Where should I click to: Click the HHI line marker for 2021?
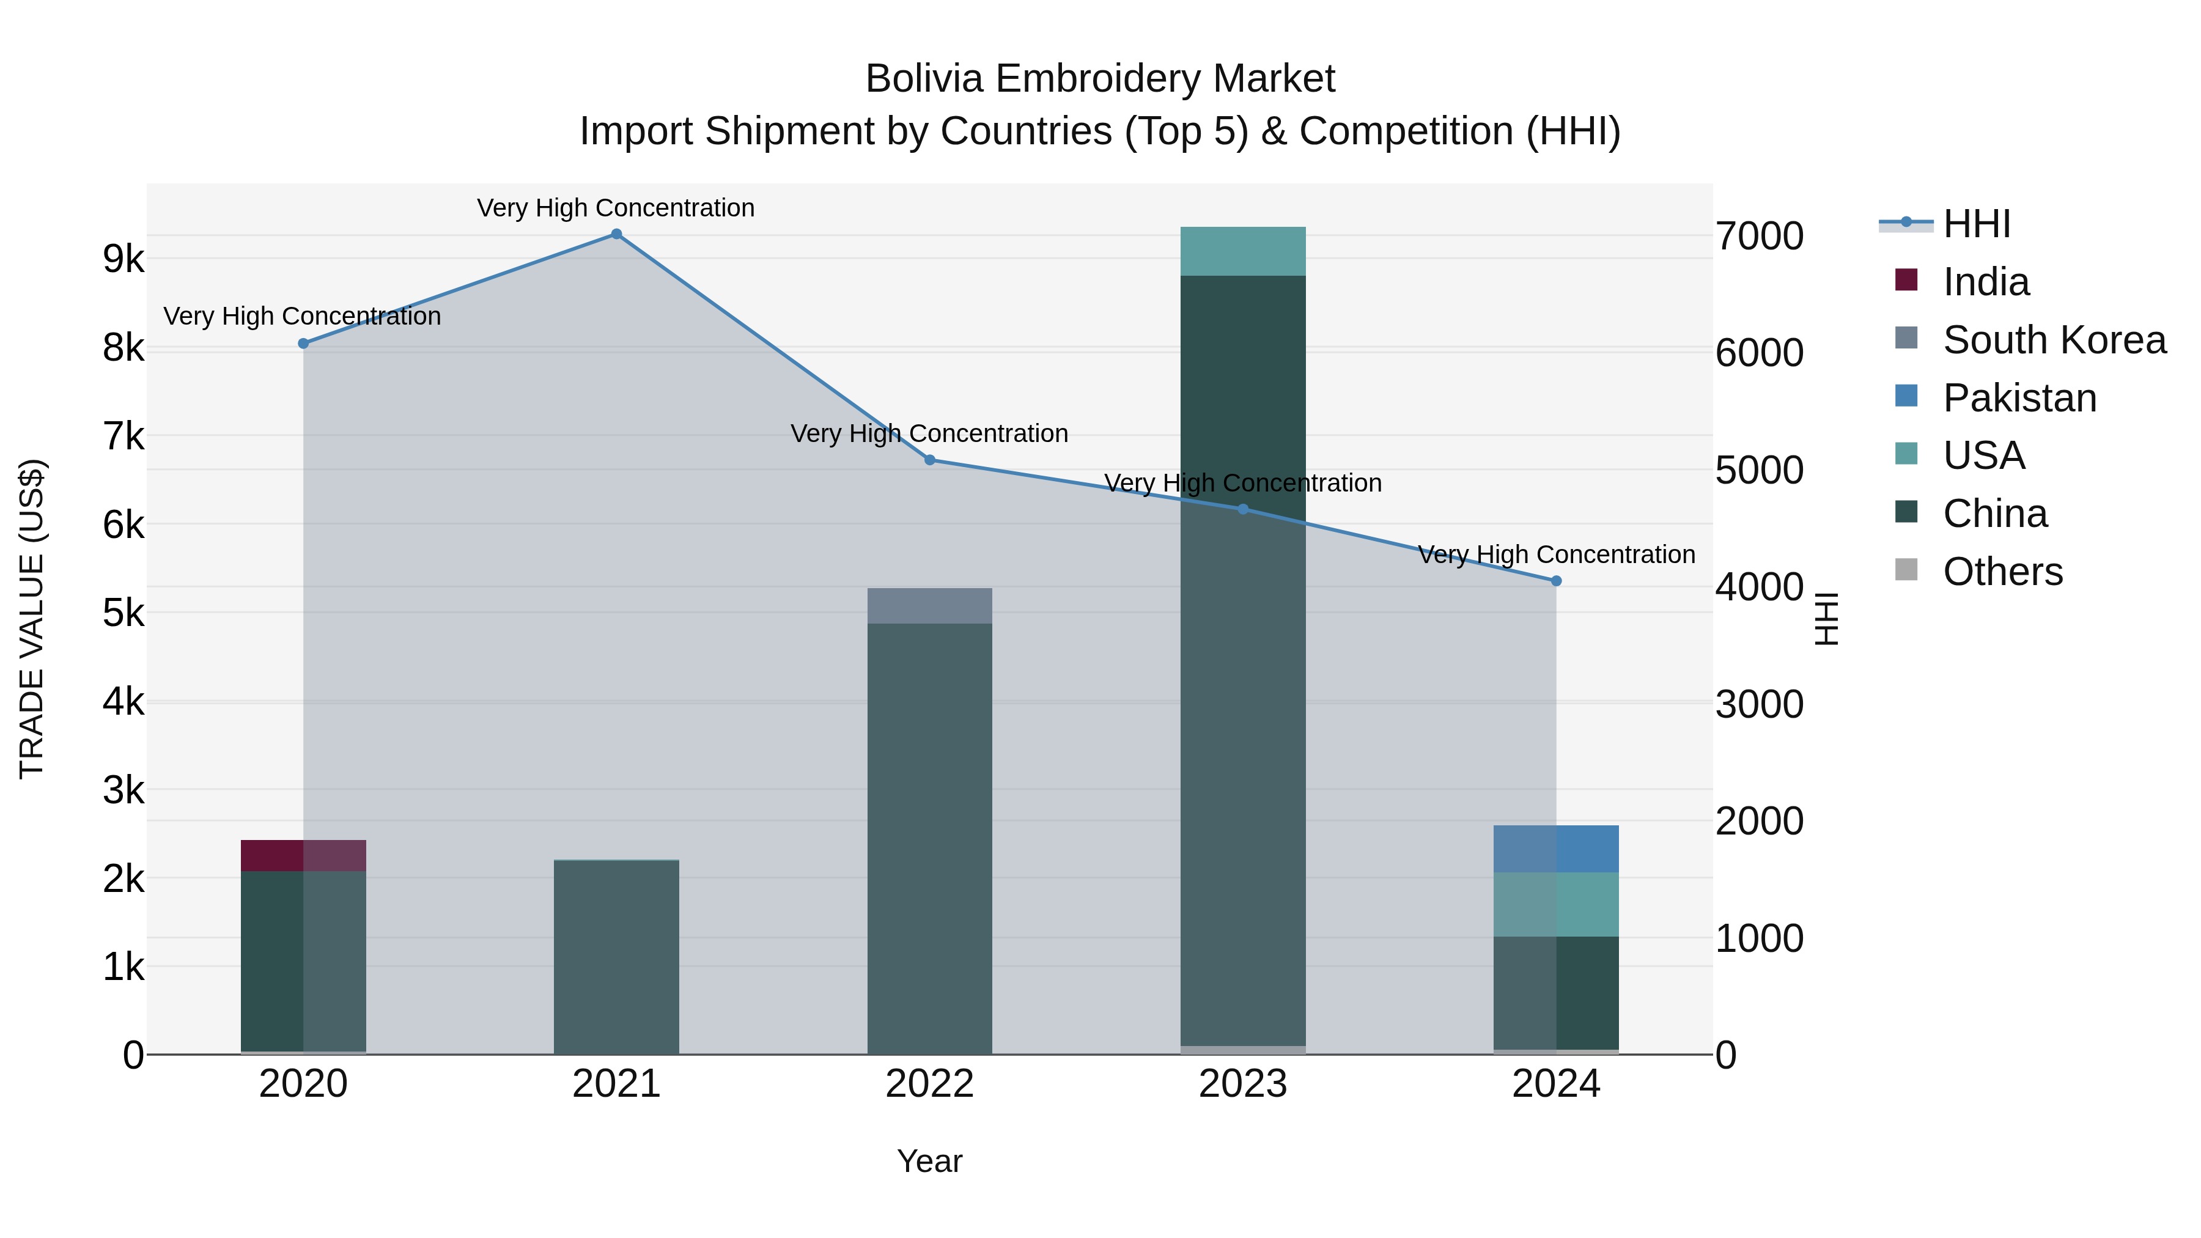(x=616, y=234)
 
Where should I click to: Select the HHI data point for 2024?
(x=1556, y=581)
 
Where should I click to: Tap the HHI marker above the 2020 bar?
(x=303, y=344)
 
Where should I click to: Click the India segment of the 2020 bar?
(x=303, y=856)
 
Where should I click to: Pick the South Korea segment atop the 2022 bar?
(x=929, y=606)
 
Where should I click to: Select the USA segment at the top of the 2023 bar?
(x=1243, y=251)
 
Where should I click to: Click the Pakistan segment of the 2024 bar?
(x=1556, y=849)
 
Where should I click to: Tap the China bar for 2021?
(x=616, y=957)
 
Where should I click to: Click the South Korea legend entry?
(x=2054, y=340)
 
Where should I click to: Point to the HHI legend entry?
(x=1976, y=224)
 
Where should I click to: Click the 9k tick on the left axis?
(x=124, y=259)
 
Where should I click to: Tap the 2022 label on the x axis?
(x=929, y=1084)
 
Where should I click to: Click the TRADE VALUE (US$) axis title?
(x=32, y=619)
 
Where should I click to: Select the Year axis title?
(x=929, y=1161)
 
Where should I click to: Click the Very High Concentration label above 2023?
(x=1243, y=483)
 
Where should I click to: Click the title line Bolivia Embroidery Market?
(x=1100, y=79)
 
